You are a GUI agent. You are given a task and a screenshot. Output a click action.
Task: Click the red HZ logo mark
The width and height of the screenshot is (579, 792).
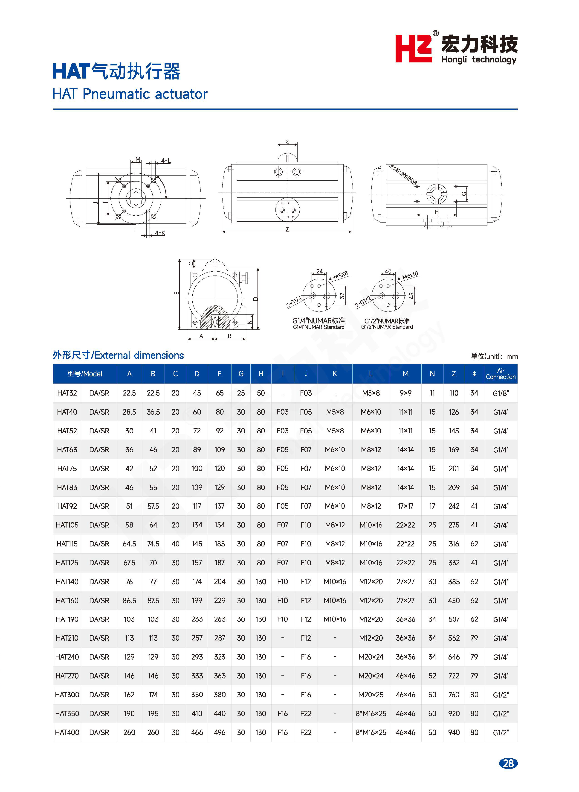pos(414,48)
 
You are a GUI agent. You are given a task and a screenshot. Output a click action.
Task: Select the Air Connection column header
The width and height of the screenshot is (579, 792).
pos(501,374)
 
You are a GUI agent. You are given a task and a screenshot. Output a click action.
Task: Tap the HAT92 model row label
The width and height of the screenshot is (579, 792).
pos(67,506)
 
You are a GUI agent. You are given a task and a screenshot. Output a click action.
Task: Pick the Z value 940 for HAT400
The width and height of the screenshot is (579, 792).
pos(454,732)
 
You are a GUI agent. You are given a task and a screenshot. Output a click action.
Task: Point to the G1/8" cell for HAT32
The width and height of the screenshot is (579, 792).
pos(501,393)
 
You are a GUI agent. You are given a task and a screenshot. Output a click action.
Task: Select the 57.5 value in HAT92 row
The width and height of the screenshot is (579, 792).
pos(153,506)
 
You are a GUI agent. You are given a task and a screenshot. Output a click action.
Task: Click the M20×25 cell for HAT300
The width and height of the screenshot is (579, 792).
pos(371,695)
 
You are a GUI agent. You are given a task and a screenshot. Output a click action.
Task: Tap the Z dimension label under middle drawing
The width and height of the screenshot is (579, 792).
pos(287,229)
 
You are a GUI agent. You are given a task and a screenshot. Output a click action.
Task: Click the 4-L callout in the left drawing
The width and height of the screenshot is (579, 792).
pos(166,161)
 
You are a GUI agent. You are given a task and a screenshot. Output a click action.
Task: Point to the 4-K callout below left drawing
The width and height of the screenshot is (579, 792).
pos(160,233)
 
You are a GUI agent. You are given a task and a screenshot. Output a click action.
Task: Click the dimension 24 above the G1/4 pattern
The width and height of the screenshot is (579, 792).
pos(319,271)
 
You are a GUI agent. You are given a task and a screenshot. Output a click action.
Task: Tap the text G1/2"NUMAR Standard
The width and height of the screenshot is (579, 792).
pos(387,327)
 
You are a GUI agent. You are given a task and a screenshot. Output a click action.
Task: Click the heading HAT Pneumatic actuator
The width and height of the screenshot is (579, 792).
pos(130,94)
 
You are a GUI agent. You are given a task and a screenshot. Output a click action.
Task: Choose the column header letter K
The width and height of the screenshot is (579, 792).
pos(335,374)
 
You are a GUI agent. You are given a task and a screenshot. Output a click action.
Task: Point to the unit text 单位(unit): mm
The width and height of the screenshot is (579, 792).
pos(494,356)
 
